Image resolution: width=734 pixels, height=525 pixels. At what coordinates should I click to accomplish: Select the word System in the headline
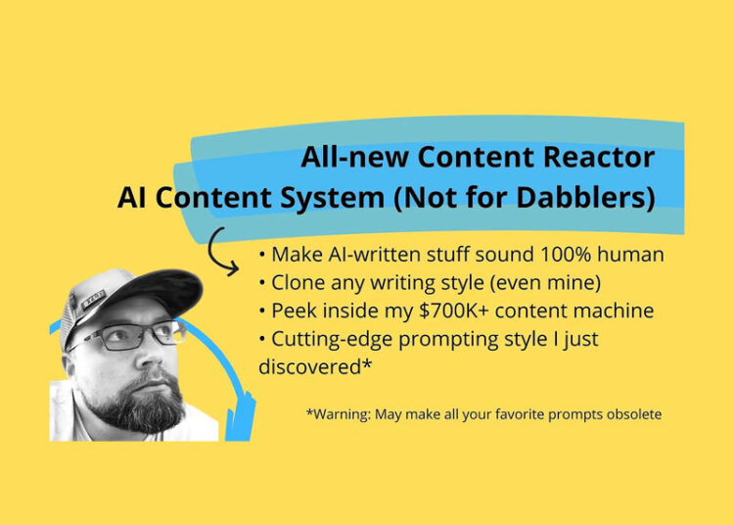tap(328, 198)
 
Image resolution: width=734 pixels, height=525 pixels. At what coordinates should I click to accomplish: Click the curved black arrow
tap(226, 249)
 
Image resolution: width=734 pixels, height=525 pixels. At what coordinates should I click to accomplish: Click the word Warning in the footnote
tap(343, 414)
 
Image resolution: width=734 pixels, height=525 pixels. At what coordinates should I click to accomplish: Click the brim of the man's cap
tap(156, 294)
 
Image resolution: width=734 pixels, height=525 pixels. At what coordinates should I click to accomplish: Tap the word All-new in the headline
tap(355, 157)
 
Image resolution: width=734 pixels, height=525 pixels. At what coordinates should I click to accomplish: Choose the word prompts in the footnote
tap(553, 414)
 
